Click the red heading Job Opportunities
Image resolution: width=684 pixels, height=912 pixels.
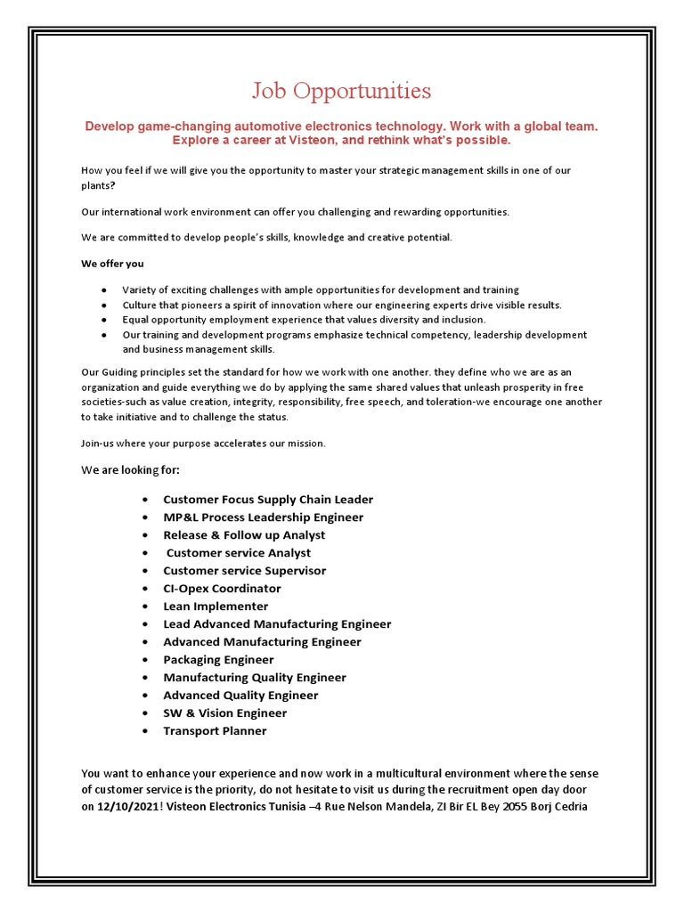click(341, 91)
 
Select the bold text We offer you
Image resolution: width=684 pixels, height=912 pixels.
click(112, 264)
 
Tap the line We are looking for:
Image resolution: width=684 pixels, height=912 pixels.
click(136, 469)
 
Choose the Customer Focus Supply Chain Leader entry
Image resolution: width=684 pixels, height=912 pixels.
click(268, 500)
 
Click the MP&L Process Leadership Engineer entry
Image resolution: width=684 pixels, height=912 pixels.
click(263, 517)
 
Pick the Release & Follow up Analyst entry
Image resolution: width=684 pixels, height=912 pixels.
click(244, 535)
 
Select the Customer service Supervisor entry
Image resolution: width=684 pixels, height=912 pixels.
click(244, 571)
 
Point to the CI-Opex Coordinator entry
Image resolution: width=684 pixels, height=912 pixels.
click(222, 589)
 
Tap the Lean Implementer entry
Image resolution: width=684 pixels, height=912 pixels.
click(216, 607)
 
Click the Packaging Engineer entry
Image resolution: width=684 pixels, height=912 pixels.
click(218, 660)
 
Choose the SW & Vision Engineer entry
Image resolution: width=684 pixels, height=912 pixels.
click(224, 713)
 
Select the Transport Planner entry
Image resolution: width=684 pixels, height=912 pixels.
click(215, 731)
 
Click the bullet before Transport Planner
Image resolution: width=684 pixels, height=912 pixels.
click(144, 732)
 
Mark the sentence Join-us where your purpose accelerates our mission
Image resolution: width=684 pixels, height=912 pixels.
click(203, 444)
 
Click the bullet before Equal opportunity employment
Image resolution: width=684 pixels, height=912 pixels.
click(105, 320)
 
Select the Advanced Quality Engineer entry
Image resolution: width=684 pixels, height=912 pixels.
click(240, 696)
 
